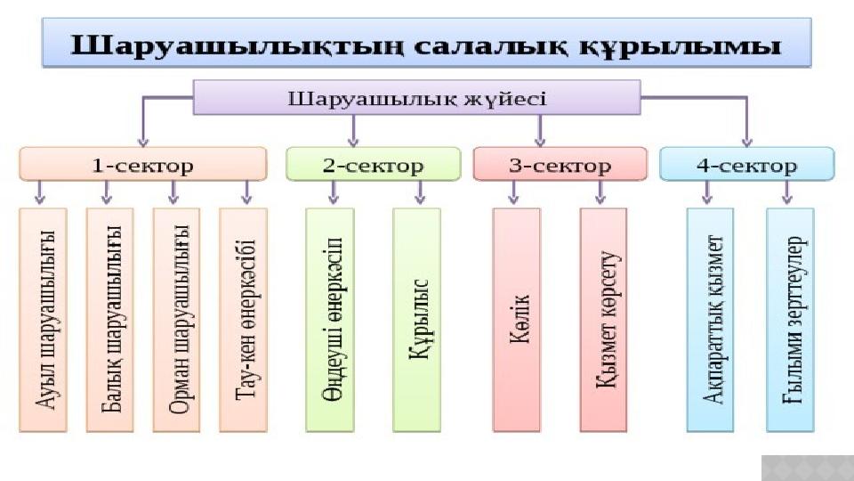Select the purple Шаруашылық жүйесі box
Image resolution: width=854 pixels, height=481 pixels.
[x=416, y=97]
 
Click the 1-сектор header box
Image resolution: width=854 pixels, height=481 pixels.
[x=143, y=165]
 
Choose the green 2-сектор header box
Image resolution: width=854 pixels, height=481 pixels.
[x=373, y=165]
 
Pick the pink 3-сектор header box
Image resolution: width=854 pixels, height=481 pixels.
[x=560, y=165]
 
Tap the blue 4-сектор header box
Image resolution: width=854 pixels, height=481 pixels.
[x=746, y=165]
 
